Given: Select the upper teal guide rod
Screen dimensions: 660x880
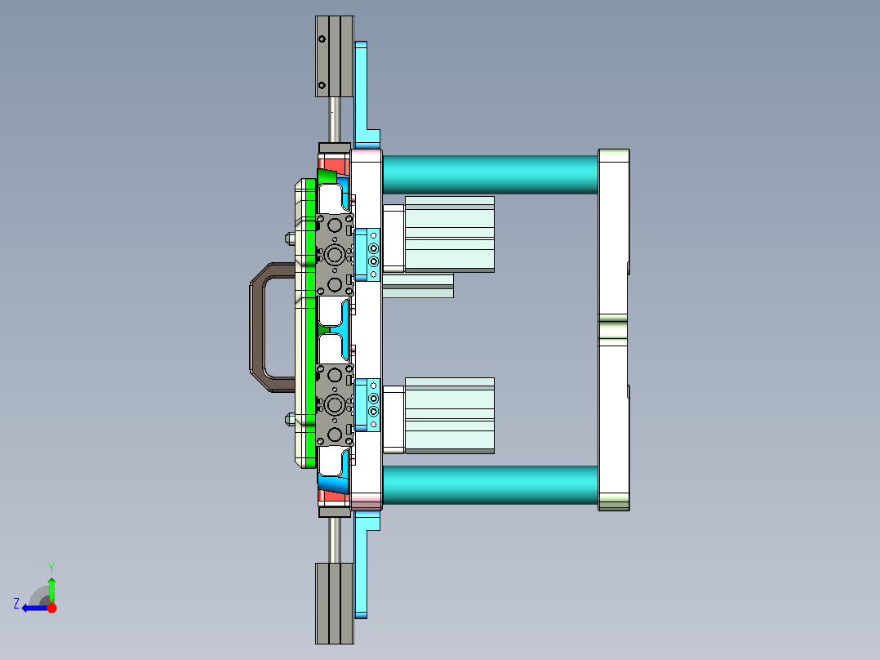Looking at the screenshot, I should (x=490, y=174).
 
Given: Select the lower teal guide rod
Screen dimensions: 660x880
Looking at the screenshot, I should (x=490, y=484).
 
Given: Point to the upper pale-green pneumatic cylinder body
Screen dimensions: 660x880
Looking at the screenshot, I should (x=449, y=234).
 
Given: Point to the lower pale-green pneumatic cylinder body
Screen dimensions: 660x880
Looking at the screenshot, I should (x=449, y=415).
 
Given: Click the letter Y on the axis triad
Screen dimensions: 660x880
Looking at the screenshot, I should (x=51, y=567).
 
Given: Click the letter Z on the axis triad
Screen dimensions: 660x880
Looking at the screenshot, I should (x=16, y=604).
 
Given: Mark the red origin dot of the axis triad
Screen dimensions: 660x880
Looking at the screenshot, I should (x=51, y=608).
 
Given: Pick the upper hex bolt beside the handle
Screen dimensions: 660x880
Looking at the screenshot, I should (x=290, y=239).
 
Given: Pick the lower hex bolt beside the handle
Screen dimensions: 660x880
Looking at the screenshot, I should (x=290, y=420).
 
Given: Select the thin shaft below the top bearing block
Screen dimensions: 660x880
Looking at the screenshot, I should (x=335, y=119).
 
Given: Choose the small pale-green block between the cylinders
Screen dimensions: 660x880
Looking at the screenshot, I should (x=417, y=285).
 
